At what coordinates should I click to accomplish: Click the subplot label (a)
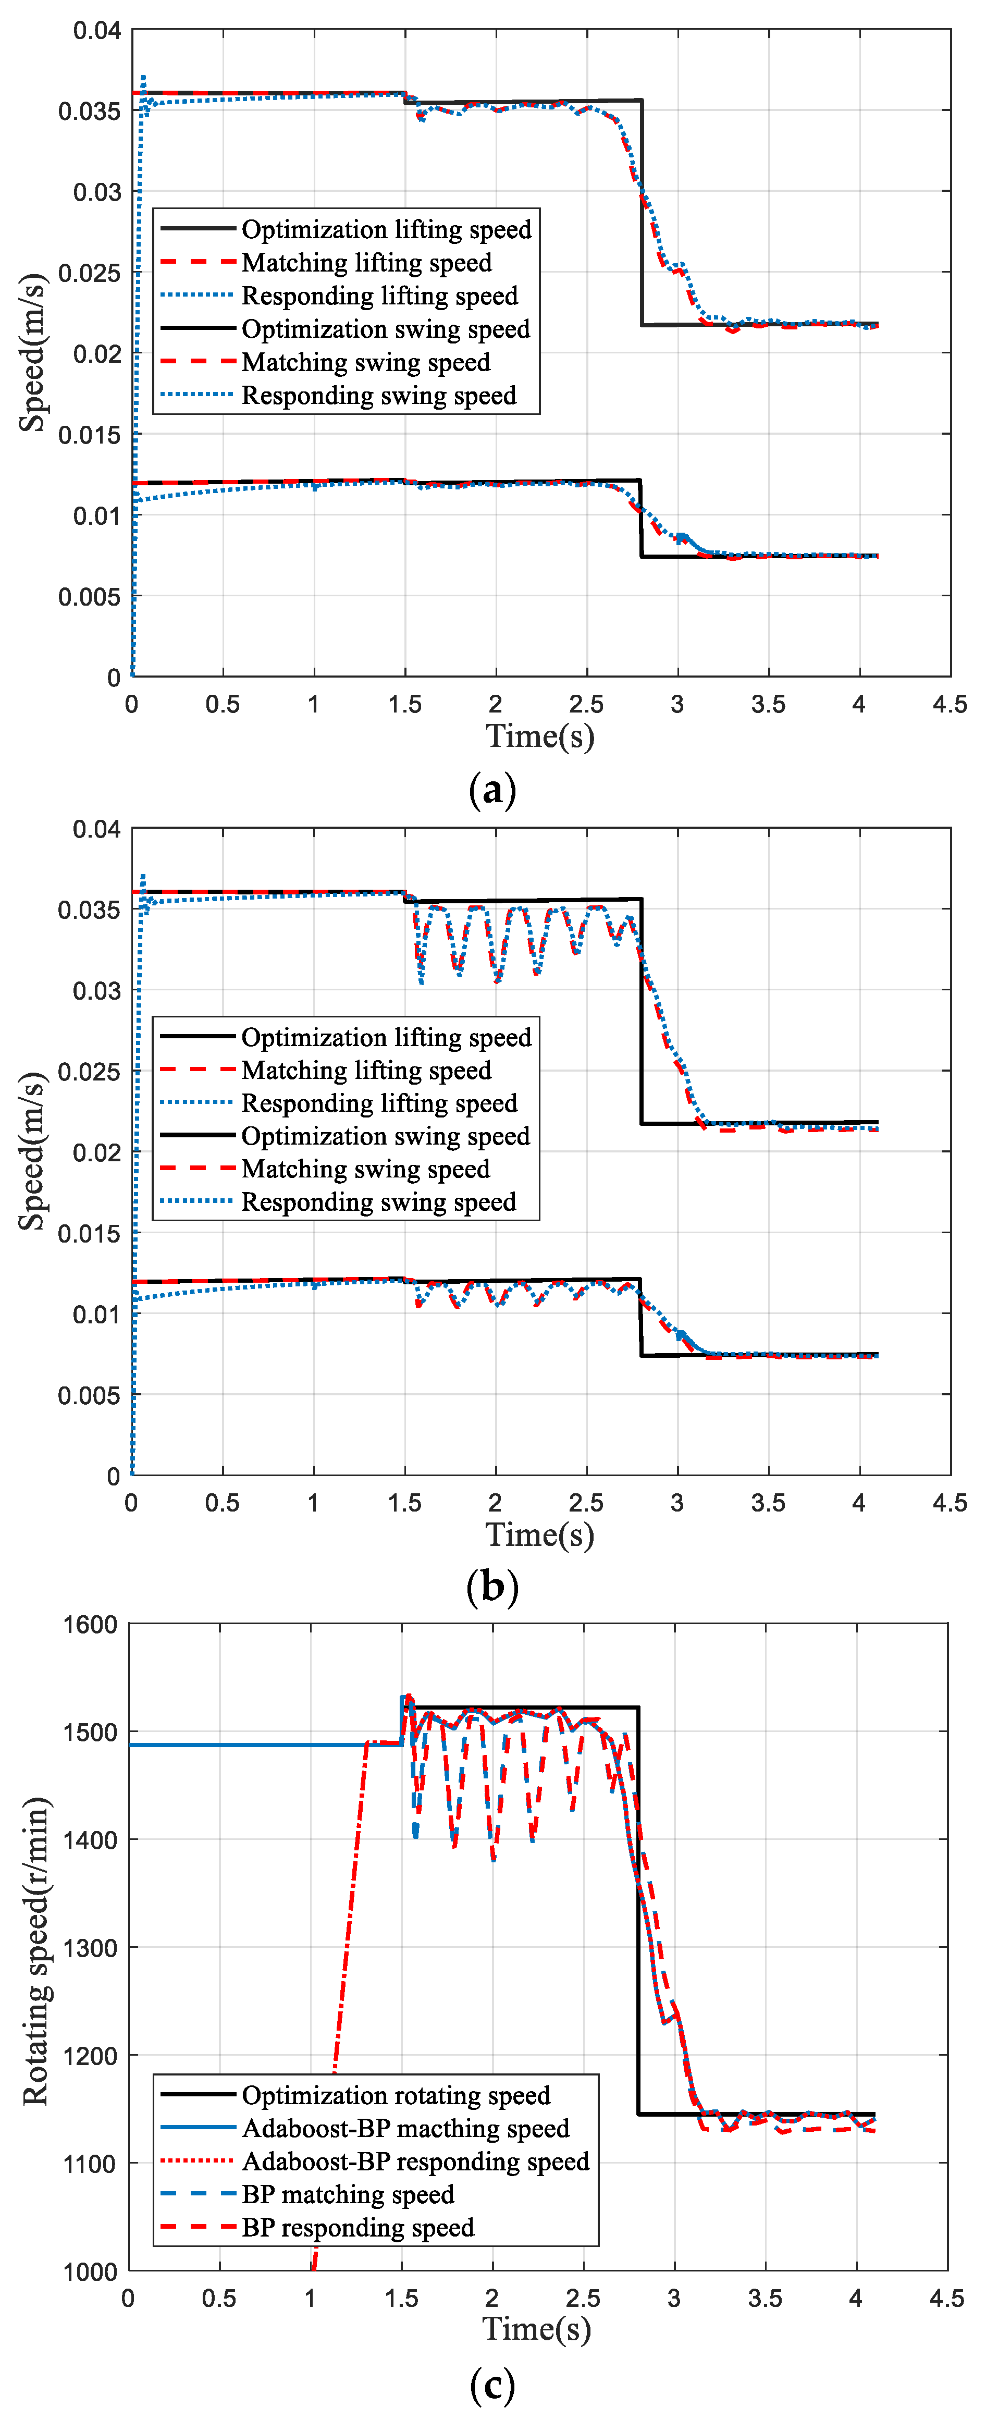[492, 789]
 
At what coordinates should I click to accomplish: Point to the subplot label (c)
[492, 2385]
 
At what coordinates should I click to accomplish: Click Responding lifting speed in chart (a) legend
[379, 296]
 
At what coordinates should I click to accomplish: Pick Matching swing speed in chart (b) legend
[366, 1169]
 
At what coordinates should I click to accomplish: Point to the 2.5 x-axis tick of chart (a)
[586, 704]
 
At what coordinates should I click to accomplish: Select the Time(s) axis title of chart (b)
[540, 1534]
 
